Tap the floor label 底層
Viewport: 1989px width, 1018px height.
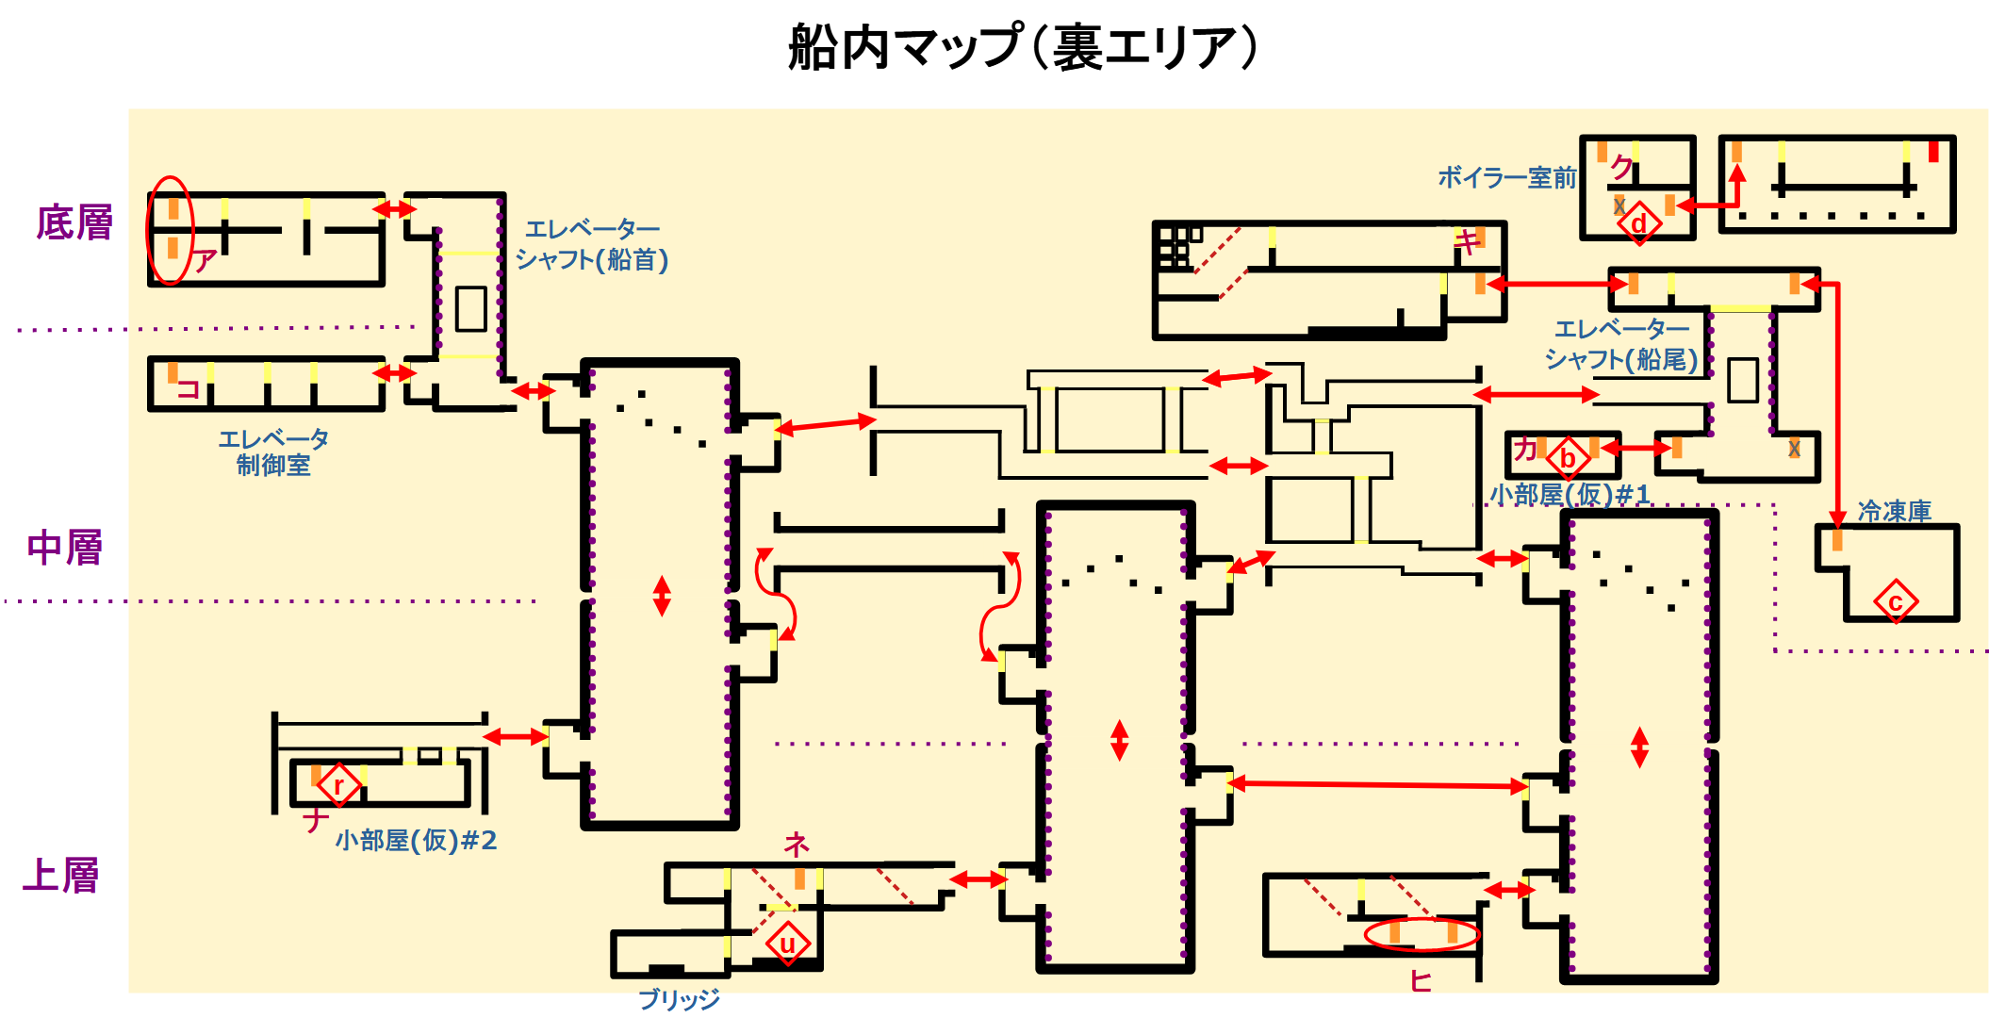[74, 222]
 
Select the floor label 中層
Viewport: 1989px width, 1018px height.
[65, 548]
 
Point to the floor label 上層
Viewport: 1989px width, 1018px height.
[61, 875]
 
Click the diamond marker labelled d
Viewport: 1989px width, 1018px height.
[1639, 223]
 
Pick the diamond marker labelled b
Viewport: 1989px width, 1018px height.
[1569, 458]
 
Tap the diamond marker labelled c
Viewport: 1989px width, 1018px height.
[1896, 601]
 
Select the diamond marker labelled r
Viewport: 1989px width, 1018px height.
[338, 784]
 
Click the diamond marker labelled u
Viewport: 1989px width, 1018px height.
[787, 943]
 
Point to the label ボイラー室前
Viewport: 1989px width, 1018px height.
[1506, 177]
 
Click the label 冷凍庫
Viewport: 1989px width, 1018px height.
[1894, 511]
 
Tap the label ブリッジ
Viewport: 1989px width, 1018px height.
[679, 999]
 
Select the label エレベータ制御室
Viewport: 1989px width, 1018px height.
[273, 452]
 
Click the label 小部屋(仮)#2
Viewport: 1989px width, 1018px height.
[416, 839]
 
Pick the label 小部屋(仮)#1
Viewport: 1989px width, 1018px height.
[1570, 494]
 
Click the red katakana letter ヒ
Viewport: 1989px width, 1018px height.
[1421, 981]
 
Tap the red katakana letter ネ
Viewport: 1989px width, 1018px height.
[797, 844]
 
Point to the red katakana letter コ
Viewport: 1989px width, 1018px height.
[189, 388]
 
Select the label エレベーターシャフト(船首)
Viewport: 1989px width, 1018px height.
[592, 244]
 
